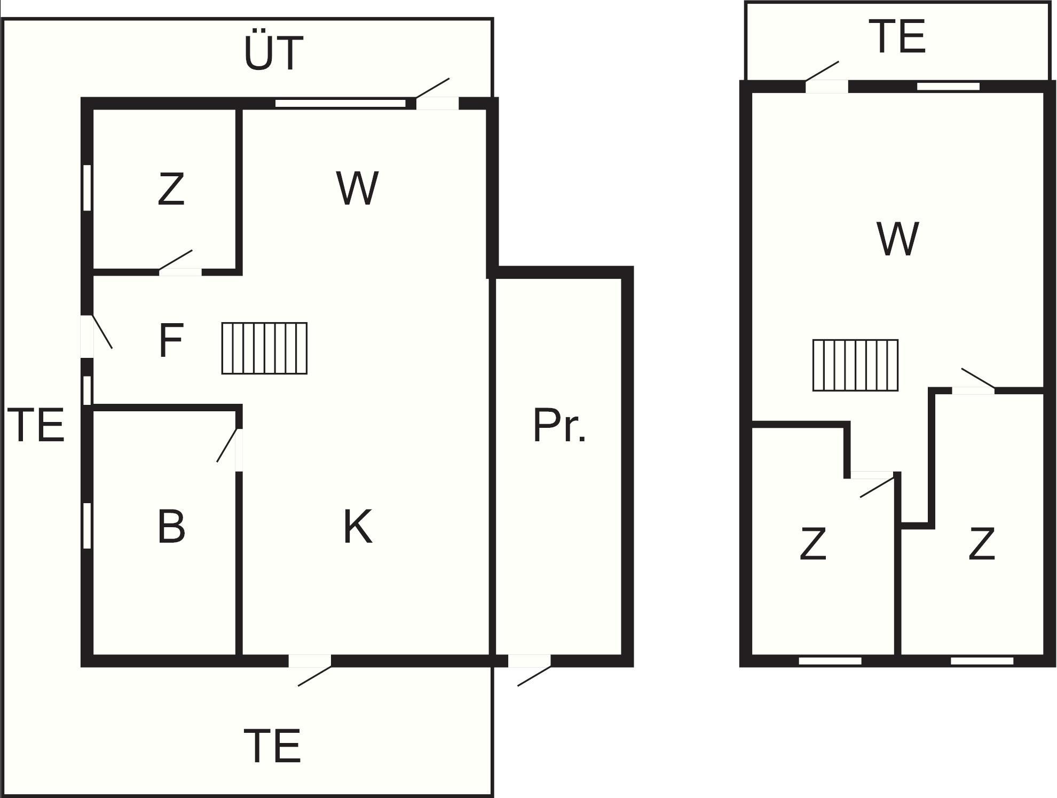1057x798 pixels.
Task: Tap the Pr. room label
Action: pos(559,426)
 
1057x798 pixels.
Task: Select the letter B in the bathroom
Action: pos(171,527)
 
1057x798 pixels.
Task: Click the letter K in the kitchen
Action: pos(357,527)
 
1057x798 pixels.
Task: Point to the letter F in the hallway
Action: pos(171,341)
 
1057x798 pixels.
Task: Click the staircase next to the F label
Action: pos(264,348)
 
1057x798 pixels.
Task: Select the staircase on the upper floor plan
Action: pos(855,365)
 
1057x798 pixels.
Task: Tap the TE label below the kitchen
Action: pos(273,746)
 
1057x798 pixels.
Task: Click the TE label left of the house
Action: pos(36,425)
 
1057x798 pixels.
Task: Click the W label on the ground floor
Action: pos(357,188)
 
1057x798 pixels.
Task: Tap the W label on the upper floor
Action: pos(897,239)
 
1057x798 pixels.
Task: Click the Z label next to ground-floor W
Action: pos(171,189)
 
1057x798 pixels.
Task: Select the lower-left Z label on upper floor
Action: pos(813,543)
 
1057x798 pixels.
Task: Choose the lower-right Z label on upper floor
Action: pos(981,543)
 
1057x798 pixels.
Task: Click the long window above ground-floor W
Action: pos(340,103)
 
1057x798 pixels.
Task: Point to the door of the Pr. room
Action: pos(529,661)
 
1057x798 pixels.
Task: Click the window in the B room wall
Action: pos(87,526)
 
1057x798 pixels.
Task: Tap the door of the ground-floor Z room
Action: pos(180,272)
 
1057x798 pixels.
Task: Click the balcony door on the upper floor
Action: pos(826,86)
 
